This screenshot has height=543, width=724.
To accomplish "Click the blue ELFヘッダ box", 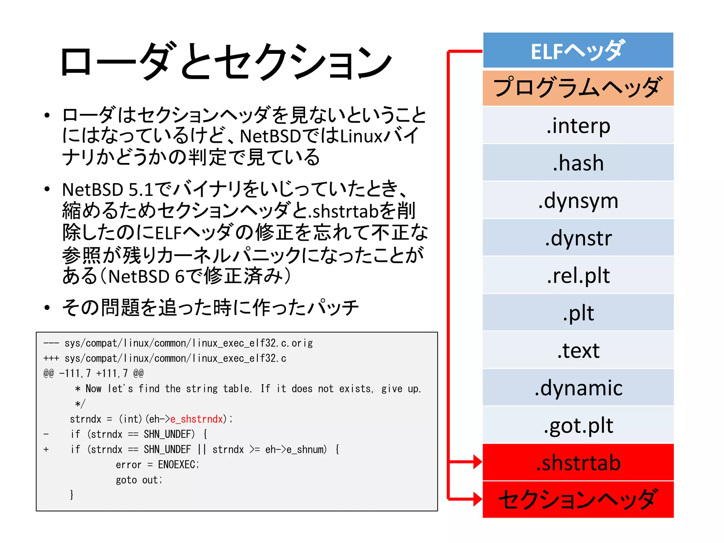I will point(578,50).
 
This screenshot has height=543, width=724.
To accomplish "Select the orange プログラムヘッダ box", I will point(578,88).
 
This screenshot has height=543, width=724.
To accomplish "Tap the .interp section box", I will point(578,125).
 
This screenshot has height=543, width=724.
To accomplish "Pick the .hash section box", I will point(578,163).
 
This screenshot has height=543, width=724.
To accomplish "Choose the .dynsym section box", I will point(578,200).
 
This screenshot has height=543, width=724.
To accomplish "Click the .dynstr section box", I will point(578,238).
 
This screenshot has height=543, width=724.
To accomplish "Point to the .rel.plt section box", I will point(578,275).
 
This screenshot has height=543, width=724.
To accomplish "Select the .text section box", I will point(578,350).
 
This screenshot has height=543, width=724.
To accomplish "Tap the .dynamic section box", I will point(578,388).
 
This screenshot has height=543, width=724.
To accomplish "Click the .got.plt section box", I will point(578,425).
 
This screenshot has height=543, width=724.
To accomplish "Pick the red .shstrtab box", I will point(578,462).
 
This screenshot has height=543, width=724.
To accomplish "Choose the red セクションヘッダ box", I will point(578,499).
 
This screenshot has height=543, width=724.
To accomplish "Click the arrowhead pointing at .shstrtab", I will point(477,462).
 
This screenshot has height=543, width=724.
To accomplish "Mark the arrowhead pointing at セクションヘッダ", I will point(477,499).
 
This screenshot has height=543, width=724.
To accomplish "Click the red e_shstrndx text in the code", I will point(197,419).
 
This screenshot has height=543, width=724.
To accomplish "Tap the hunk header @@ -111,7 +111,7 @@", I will point(93,373).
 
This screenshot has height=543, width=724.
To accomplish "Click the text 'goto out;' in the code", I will point(139,480).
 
